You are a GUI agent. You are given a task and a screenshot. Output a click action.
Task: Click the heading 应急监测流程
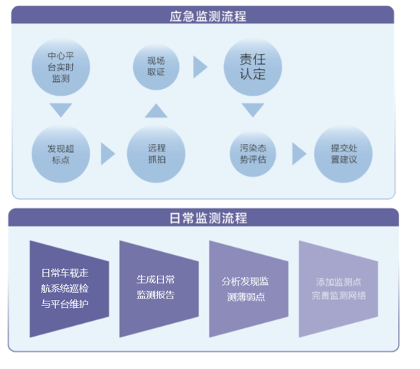coord(208,16)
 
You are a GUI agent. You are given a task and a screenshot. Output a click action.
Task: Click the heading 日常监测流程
coord(208,218)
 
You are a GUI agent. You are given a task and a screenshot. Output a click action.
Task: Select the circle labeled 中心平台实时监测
coord(61,67)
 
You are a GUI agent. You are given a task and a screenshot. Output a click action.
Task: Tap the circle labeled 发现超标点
coord(61,154)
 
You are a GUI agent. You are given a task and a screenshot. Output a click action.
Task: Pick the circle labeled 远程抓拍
coord(157,154)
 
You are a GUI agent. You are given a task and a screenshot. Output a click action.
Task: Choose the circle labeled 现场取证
coord(157,67)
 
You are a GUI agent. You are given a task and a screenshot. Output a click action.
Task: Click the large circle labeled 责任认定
coord(253,67)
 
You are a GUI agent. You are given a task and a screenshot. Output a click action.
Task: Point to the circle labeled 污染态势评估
coord(253,154)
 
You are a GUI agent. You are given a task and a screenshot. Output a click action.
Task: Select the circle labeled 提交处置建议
coord(343,154)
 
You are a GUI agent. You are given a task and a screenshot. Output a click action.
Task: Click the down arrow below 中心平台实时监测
coord(61,108)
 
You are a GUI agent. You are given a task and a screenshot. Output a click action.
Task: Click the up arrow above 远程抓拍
coord(157,112)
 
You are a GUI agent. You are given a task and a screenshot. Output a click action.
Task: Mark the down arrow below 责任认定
coord(253,108)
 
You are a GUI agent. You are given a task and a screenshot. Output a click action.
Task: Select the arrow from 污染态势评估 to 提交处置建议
coord(298,154)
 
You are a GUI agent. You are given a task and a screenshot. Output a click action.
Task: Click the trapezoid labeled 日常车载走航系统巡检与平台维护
coord(70,289)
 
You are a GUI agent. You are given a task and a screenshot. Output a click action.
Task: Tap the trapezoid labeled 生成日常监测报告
coord(159,289)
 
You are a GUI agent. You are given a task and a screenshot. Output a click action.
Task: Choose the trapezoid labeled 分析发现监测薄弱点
coord(249,289)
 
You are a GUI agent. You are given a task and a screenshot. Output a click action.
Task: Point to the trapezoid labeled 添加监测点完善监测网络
coord(339,289)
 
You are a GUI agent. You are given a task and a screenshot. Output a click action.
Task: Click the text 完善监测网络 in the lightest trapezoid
coord(339,296)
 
